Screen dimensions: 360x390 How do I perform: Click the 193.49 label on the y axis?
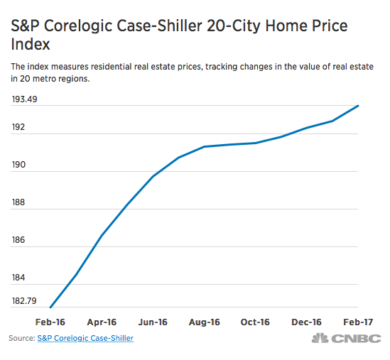pos(26,98)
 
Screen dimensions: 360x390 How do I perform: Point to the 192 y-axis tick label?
pos(19,127)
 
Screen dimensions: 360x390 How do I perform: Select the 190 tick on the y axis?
pos(19,165)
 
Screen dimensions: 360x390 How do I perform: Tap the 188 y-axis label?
pos(19,202)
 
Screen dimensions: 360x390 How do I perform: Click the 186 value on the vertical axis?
pos(19,240)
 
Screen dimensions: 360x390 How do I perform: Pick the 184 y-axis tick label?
pos(19,278)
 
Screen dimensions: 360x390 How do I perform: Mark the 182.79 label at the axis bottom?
pos(26,300)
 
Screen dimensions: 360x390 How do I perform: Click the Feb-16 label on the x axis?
pos(50,322)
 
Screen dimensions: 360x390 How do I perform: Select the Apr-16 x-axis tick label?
pos(102,322)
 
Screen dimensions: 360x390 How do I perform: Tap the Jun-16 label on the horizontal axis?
pos(153,322)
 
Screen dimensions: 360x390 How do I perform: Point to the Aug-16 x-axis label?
pos(205,322)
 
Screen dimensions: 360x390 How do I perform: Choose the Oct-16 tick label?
pos(256,322)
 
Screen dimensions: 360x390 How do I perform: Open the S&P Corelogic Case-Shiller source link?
pos(85,338)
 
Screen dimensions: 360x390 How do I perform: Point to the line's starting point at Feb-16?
pos(50,307)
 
